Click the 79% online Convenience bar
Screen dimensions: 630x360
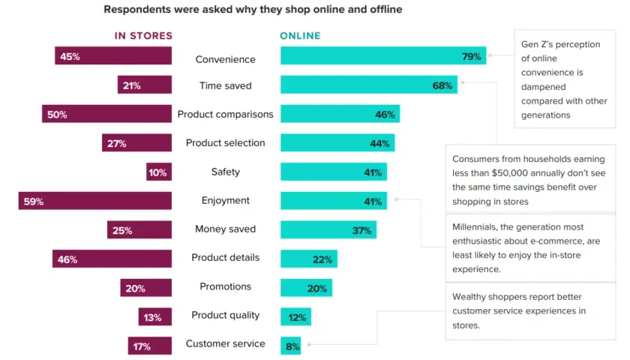click(383, 55)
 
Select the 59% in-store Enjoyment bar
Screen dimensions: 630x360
click(94, 200)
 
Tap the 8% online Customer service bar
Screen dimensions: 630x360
click(290, 346)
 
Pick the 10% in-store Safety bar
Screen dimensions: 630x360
click(159, 172)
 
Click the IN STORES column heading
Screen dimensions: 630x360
click(143, 36)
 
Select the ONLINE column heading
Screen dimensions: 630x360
click(300, 36)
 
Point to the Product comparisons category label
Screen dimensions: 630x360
click(226, 114)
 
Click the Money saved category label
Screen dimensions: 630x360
click(226, 229)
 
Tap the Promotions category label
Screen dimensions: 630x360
click(226, 286)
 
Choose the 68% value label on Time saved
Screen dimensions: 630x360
click(442, 85)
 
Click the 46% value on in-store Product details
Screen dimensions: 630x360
click(67, 259)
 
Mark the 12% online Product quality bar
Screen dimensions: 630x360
click(295, 316)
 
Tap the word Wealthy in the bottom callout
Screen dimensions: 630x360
click(467, 297)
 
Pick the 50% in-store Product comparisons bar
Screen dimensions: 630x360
click(106, 114)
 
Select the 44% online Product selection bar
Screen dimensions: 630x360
click(337, 142)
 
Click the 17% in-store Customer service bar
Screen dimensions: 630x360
click(150, 346)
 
